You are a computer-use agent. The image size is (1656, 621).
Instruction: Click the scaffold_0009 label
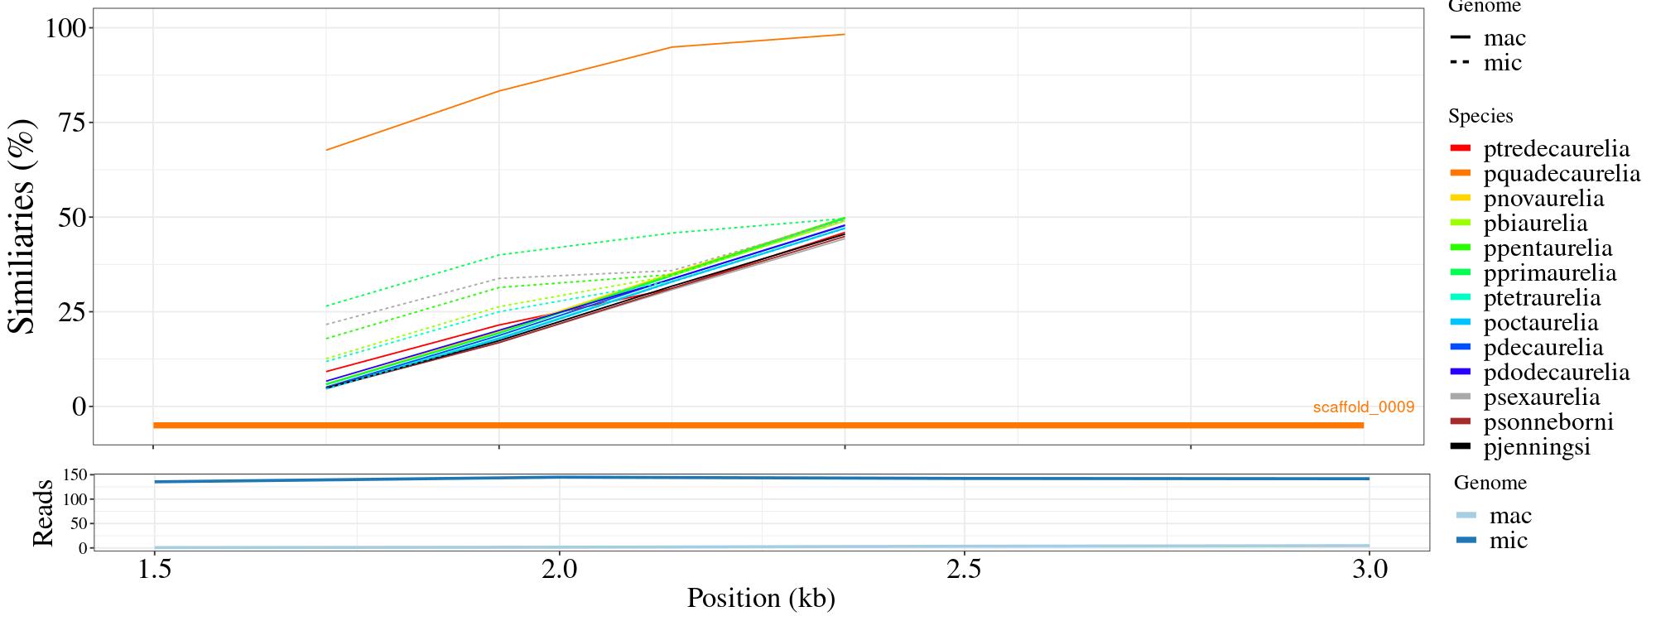pos(1363,407)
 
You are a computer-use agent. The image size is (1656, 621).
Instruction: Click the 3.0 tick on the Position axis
pos(1370,570)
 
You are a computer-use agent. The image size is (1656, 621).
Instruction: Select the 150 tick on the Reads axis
pos(75,475)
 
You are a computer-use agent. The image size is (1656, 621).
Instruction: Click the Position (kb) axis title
pos(760,598)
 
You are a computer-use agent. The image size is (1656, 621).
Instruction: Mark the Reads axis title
pos(42,513)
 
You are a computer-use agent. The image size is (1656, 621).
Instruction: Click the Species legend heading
pos(1480,117)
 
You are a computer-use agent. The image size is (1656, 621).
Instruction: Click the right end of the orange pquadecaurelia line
pos(844,35)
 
